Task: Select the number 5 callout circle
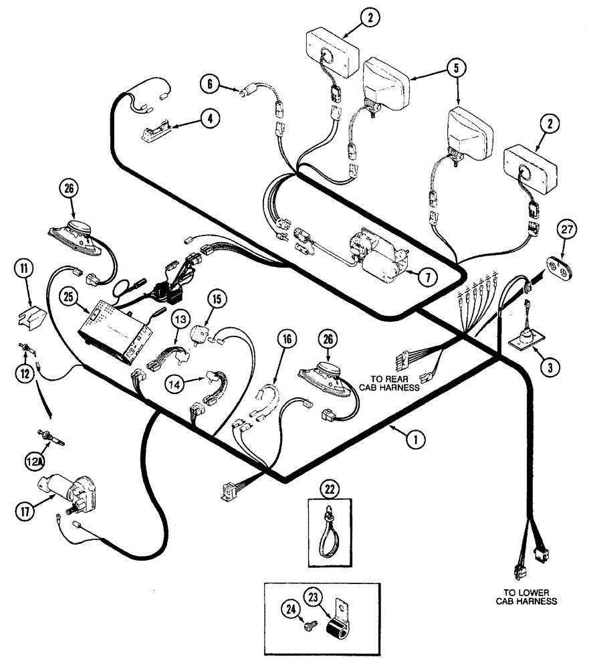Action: click(456, 68)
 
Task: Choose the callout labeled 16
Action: click(287, 341)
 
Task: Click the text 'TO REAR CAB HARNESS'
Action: click(388, 383)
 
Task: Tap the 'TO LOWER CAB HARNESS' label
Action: click(526, 596)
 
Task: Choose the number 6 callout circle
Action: click(211, 84)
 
